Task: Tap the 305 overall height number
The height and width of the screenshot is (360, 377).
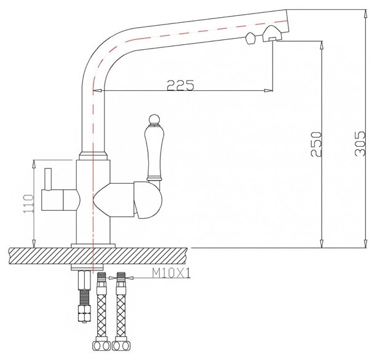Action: tap(352, 147)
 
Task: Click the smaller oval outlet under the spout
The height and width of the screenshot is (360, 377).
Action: tap(250, 40)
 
